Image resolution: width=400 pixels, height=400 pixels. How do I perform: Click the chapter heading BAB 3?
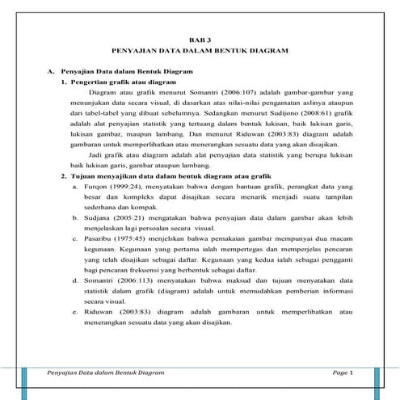click(x=199, y=37)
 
